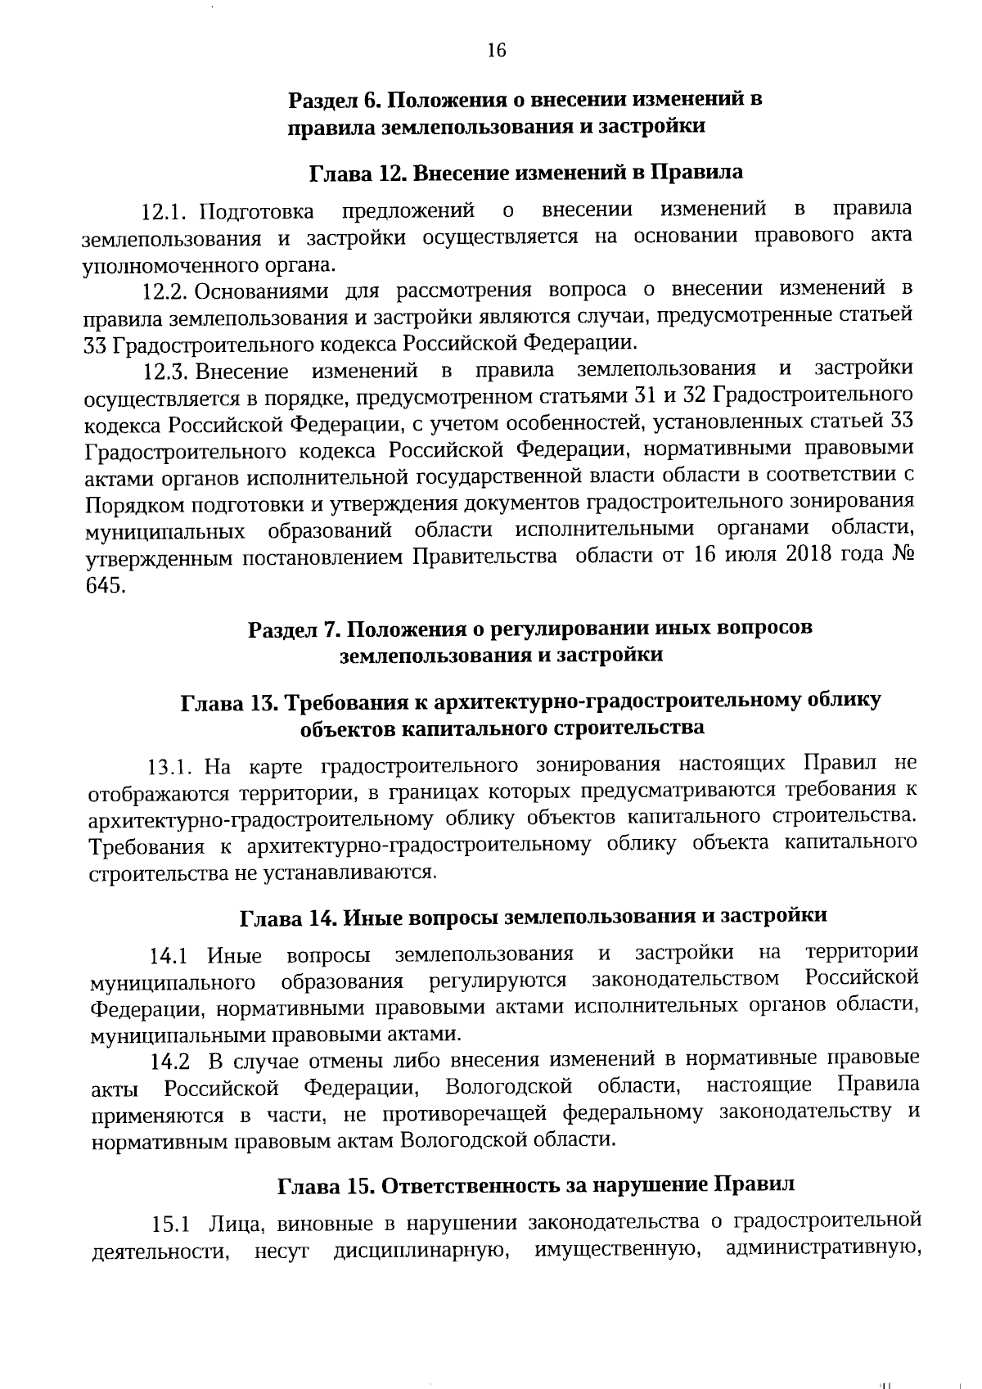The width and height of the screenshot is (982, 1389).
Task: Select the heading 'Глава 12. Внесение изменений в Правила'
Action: click(526, 173)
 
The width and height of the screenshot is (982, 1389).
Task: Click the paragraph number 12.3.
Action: click(166, 372)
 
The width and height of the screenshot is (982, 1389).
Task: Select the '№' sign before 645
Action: click(900, 554)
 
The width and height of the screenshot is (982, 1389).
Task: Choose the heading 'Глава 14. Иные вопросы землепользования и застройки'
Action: click(533, 917)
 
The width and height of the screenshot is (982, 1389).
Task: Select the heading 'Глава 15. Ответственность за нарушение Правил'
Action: click(536, 1185)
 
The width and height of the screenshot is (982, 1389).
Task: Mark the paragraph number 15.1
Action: click(171, 1225)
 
